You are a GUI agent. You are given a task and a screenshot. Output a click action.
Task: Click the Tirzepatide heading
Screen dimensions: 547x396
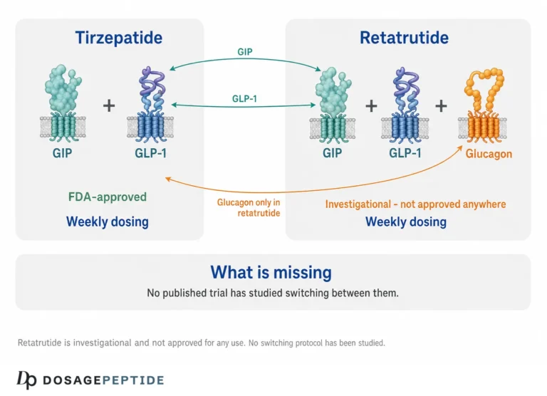click(x=119, y=38)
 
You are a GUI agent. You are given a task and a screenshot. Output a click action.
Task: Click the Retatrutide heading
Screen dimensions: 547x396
click(x=404, y=38)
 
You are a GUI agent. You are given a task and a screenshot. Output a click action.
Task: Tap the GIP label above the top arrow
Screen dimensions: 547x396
click(x=244, y=52)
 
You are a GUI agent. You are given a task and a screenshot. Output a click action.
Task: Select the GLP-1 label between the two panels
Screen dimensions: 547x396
click(x=244, y=99)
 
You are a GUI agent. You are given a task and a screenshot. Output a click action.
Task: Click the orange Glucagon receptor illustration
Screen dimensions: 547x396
click(x=482, y=105)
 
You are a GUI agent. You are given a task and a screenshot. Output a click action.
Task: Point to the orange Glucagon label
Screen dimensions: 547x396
click(x=489, y=154)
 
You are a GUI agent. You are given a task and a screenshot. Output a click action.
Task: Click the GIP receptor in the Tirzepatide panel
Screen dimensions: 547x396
click(x=63, y=103)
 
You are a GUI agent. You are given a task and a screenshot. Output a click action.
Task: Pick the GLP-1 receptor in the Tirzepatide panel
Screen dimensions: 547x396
click(x=150, y=104)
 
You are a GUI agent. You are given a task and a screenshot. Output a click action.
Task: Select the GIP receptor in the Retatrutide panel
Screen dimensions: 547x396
click(x=333, y=105)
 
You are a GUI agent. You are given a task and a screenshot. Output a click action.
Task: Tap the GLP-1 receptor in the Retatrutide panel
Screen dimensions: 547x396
click(x=405, y=105)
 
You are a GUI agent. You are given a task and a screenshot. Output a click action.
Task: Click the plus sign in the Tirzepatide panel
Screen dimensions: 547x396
click(x=109, y=105)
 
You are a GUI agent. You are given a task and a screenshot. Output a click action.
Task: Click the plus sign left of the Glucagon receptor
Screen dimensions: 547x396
click(x=442, y=105)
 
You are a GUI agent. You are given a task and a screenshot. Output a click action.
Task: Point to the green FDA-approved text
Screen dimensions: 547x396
click(x=108, y=197)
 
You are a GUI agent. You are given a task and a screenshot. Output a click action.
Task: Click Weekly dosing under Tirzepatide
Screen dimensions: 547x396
click(x=108, y=222)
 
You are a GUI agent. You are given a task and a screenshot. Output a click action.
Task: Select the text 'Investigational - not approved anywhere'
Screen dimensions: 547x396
click(x=415, y=204)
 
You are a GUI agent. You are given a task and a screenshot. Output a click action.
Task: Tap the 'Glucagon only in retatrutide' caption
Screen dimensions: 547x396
click(x=249, y=207)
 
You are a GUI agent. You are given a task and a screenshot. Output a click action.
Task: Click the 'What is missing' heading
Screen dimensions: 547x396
click(x=271, y=273)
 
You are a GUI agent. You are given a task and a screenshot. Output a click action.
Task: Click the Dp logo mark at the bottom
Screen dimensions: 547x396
click(x=26, y=380)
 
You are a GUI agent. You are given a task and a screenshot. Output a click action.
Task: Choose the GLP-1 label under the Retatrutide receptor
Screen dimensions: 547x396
click(x=405, y=153)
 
